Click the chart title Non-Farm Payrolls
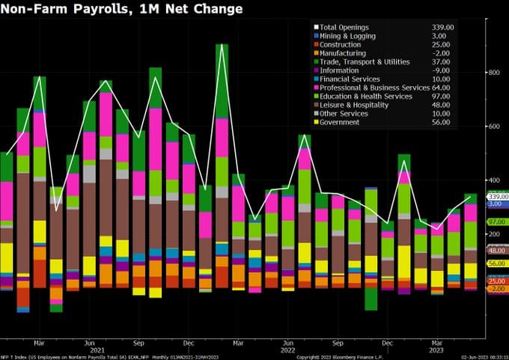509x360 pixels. pyautogui.click(x=123, y=9)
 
